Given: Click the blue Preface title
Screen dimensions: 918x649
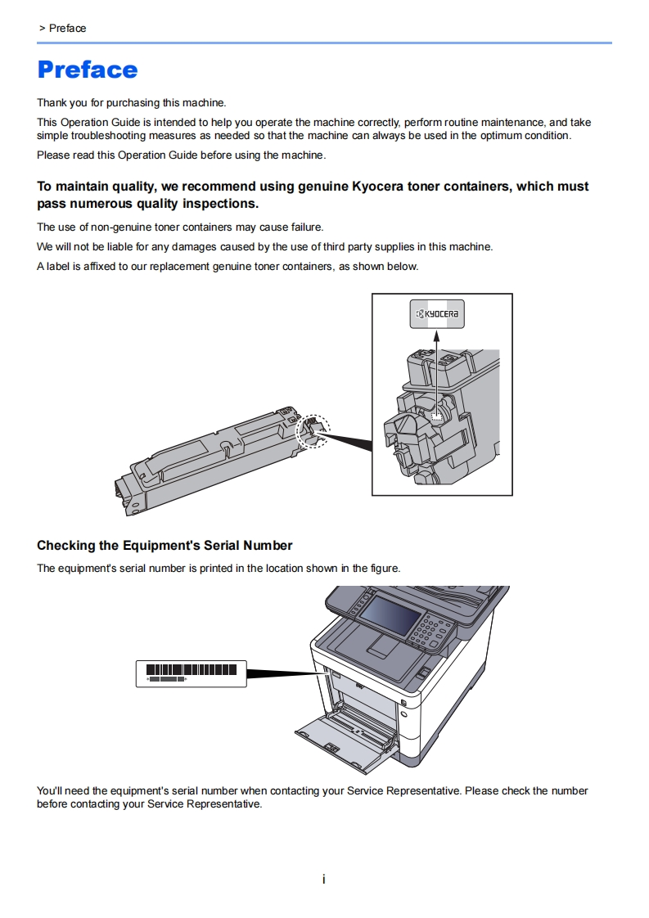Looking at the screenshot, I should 88,70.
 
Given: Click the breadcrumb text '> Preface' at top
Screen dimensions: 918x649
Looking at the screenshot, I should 62,28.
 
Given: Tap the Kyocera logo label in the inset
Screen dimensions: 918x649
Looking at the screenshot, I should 436,314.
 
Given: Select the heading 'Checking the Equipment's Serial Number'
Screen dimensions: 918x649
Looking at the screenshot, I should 165,545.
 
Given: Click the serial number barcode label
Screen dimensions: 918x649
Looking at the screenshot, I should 191,673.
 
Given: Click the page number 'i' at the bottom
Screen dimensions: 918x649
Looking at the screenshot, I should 324,880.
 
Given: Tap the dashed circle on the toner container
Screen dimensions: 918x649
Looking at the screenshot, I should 313,431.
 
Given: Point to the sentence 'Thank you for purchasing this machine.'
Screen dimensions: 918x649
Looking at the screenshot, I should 131,103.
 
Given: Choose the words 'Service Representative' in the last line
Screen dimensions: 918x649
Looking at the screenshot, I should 205,804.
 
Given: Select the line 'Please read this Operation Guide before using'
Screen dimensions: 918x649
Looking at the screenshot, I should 181,155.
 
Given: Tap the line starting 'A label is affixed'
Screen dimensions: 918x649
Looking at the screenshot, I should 228,266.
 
